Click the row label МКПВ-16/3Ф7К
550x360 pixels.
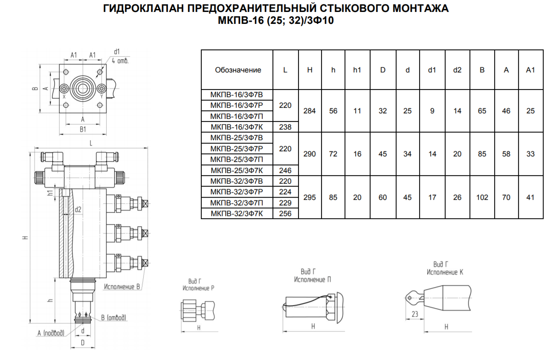tap(237, 127)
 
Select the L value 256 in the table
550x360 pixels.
tap(285, 213)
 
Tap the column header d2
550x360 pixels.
tap(457, 70)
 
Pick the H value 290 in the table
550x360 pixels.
tap(310, 154)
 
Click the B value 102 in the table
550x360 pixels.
tap(482, 197)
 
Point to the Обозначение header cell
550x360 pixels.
tap(238, 70)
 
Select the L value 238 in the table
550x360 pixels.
tap(285, 127)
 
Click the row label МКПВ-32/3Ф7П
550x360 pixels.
tap(237, 203)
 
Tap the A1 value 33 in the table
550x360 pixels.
tap(530, 154)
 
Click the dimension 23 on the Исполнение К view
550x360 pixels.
tap(415, 314)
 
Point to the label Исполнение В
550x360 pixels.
tap(122, 287)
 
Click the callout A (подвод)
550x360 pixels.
tap(51, 333)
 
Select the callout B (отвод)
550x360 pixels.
tap(114, 317)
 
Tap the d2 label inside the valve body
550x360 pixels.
tap(78, 209)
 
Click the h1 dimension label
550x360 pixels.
tap(50, 193)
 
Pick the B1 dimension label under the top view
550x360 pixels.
tap(83, 130)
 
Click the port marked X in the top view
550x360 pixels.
tap(64, 88)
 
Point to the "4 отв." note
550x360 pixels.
tap(120, 60)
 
